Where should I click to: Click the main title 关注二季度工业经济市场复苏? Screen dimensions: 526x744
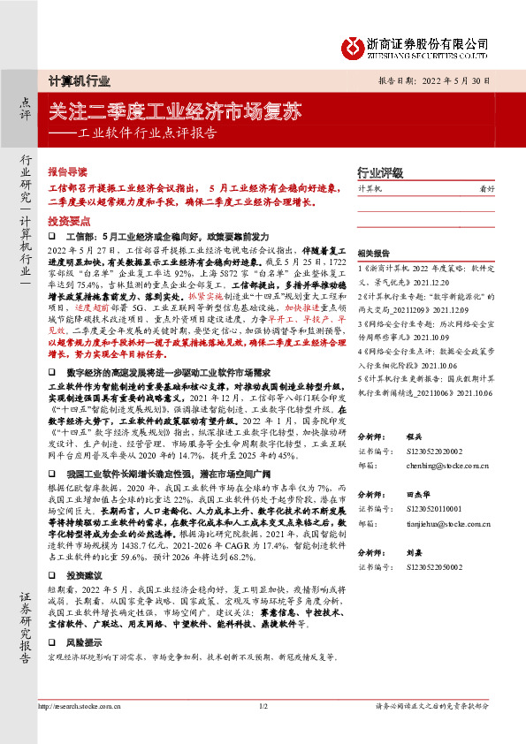(176, 113)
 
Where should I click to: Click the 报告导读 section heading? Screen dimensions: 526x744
(67, 170)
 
